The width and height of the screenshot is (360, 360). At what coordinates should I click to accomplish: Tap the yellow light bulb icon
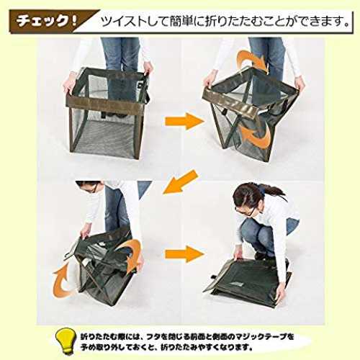(64, 341)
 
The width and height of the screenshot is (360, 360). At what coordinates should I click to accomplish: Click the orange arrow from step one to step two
(184, 122)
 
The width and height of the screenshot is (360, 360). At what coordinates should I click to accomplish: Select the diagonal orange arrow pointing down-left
(181, 181)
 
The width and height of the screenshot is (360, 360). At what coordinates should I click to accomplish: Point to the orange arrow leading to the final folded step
(184, 253)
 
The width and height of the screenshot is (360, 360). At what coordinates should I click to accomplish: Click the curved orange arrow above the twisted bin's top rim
(250, 60)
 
